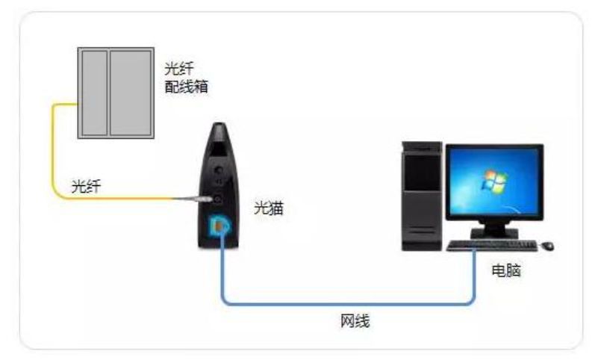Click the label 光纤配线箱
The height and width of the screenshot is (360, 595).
click(x=187, y=78)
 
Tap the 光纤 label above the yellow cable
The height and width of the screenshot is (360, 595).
click(x=87, y=186)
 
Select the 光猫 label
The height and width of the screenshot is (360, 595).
click(x=269, y=208)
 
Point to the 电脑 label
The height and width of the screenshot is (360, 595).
click(x=506, y=270)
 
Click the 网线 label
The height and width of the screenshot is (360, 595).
click(x=355, y=321)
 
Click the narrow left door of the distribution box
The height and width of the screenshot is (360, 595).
click(x=94, y=93)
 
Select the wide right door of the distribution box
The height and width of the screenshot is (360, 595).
click(x=131, y=93)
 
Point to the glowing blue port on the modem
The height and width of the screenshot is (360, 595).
click(x=219, y=226)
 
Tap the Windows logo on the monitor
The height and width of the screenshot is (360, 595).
click(x=493, y=181)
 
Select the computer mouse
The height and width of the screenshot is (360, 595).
click(x=547, y=246)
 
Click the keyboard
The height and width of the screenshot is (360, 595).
click(x=492, y=246)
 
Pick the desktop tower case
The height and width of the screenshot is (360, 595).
click(x=422, y=196)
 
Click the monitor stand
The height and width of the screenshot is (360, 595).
click(x=494, y=231)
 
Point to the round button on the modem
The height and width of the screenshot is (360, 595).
click(x=219, y=170)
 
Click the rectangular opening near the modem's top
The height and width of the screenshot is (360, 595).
click(x=219, y=149)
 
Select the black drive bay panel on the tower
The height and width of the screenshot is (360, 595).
click(x=422, y=173)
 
